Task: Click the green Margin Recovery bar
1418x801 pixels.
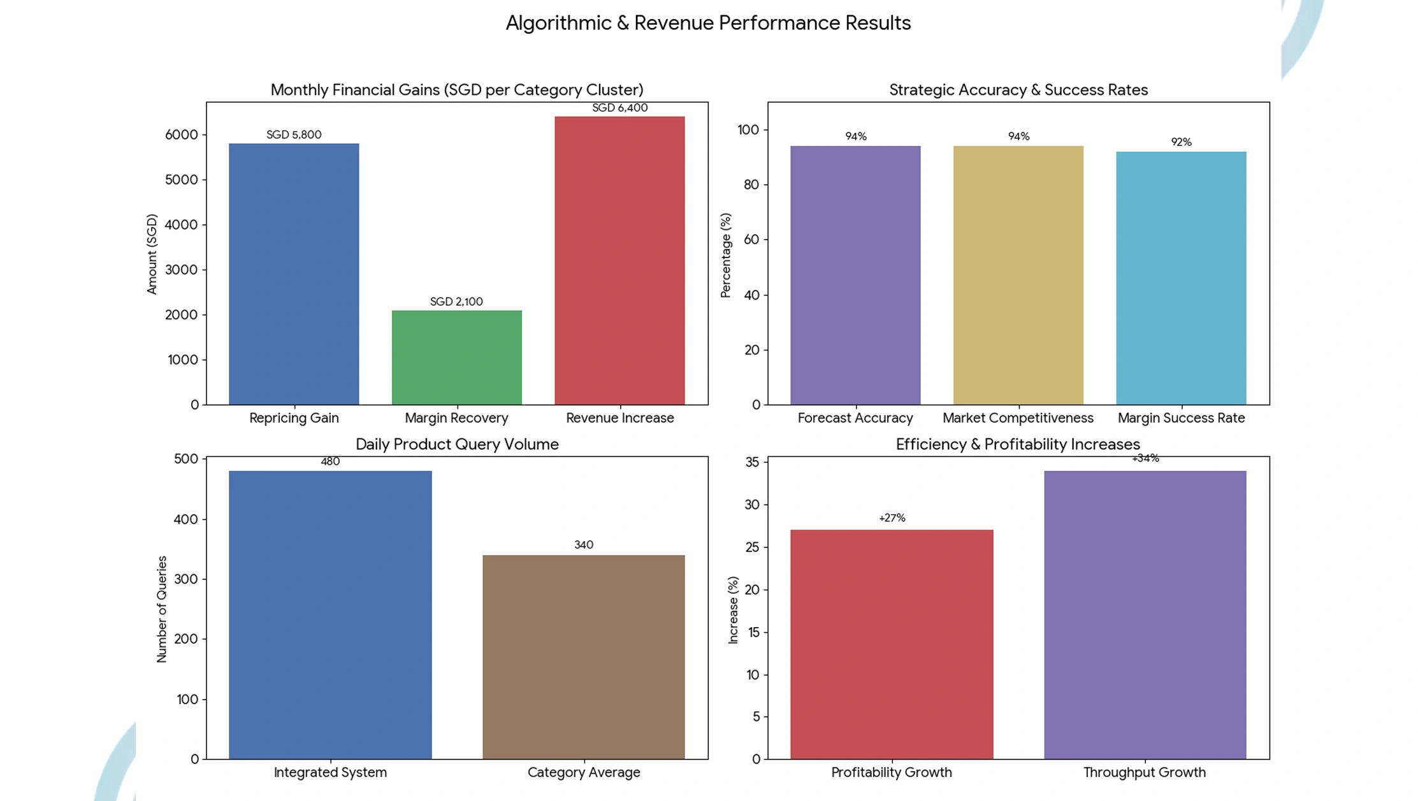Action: pos(456,357)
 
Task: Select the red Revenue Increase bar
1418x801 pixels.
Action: pos(619,261)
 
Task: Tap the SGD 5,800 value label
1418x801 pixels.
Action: pos(294,134)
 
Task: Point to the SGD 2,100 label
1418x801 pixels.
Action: pos(456,301)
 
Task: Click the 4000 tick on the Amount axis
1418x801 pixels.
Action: pos(182,225)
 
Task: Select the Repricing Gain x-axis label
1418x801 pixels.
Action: pos(294,418)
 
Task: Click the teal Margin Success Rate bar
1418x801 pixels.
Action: pos(1181,278)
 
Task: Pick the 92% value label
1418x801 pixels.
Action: pos(1181,142)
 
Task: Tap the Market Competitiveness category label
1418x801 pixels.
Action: pos(1018,418)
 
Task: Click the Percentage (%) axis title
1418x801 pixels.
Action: pos(725,256)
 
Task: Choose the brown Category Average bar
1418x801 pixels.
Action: pos(583,657)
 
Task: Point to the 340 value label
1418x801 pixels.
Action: pos(583,545)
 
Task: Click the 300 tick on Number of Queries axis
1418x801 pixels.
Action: pos(186,579)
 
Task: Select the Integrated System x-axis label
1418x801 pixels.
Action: pos(330,772)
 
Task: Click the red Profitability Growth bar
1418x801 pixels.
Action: pos(892,644)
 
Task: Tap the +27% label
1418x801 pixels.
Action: pos(892,518)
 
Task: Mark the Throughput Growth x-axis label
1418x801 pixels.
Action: pos(1145,772)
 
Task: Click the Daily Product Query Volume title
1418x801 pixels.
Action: pos(457,444)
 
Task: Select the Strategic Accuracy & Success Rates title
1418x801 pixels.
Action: pos(1018,90)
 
